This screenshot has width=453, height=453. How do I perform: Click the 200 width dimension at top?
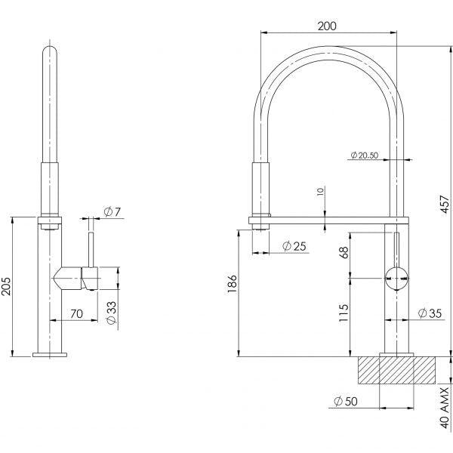(x=327, y=25)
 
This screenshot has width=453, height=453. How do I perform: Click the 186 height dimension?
(x=232, y=283)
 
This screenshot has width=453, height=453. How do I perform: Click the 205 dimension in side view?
(x=7, y=287)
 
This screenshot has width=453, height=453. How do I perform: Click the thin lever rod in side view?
(x=92, y=249)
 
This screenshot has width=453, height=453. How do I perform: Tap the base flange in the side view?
(x=51, y=353)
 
